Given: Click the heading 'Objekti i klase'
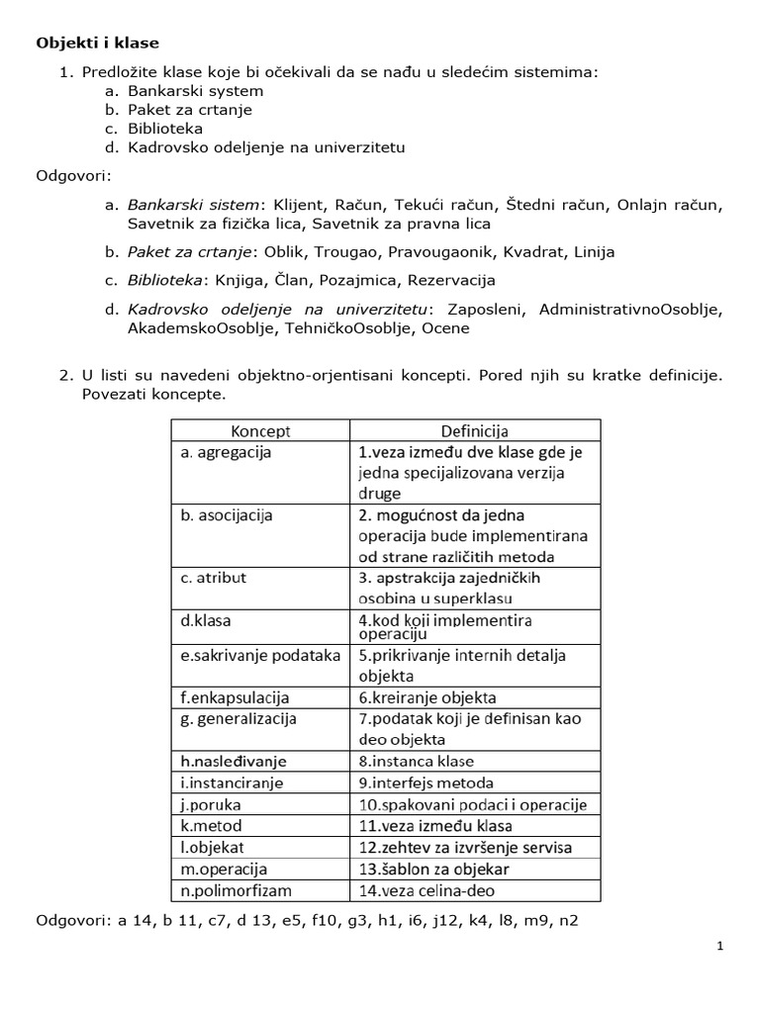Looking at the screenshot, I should [x=97, y=43].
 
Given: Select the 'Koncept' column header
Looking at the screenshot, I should [x=260, y=431].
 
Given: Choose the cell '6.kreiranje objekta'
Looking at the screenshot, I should [x=427, y=696].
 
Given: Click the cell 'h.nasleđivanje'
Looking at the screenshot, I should [x=234, y=761].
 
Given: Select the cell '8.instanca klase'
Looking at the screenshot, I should [x=417, y=761].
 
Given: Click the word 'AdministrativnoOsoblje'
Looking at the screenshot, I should [x=630, y=310].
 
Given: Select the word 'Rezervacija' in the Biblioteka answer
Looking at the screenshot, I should [x=454, y=280].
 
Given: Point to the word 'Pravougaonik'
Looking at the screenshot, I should [x=443, y=251].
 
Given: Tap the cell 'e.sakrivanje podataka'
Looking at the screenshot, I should [x=260, y=655].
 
